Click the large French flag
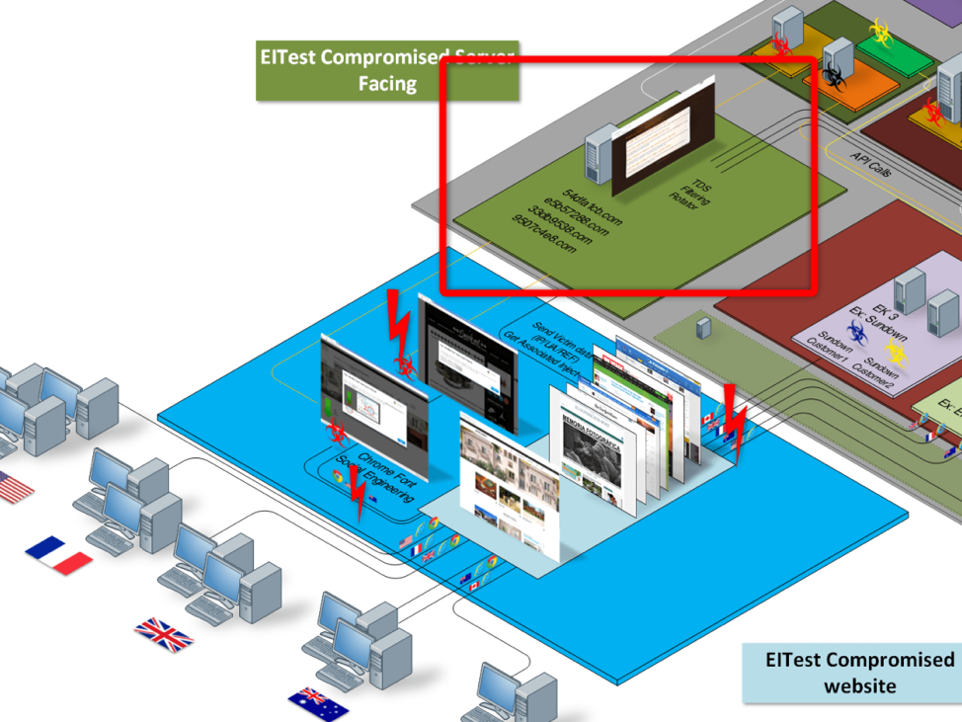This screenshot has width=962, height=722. [x=58, y=555]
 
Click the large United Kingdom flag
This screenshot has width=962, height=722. [x=164, y=634]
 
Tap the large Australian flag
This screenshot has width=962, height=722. [x=318, y=704]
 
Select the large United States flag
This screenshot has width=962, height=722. [x=14, y=486]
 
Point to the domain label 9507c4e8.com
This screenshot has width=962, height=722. [x=542, y=235]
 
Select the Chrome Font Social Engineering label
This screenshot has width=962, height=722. [x=371, y=477]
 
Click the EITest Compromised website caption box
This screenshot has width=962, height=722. [x=851, y=672]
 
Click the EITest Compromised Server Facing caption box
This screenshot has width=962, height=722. [x=387, y=71]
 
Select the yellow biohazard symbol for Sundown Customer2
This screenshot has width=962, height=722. [x=896, y=352]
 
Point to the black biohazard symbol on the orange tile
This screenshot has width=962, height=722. [x=835, y=77]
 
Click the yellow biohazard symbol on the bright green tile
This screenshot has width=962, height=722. [x=879, y=32]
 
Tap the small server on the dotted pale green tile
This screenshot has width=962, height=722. [x=702, y=327]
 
